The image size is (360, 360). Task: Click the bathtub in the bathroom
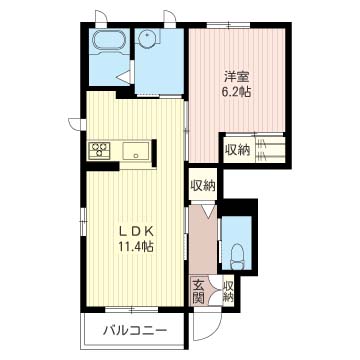110,41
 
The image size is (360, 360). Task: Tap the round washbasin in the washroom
146,39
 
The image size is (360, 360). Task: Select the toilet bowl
237,257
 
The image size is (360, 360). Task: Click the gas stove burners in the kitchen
99,150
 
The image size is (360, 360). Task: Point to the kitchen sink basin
136,152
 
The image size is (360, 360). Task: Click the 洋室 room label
237,77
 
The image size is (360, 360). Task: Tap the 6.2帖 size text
237,91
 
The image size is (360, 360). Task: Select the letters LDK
137,232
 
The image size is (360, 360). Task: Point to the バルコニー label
135,331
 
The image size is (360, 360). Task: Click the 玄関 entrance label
198,292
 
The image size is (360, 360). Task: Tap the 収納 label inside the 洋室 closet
238,151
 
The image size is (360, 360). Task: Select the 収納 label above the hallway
203,185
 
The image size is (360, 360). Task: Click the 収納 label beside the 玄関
228,292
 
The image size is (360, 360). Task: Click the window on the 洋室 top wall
228,25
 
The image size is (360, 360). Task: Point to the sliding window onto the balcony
131,309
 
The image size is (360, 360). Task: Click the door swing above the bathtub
101,17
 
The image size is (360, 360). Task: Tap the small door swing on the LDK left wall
75,123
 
